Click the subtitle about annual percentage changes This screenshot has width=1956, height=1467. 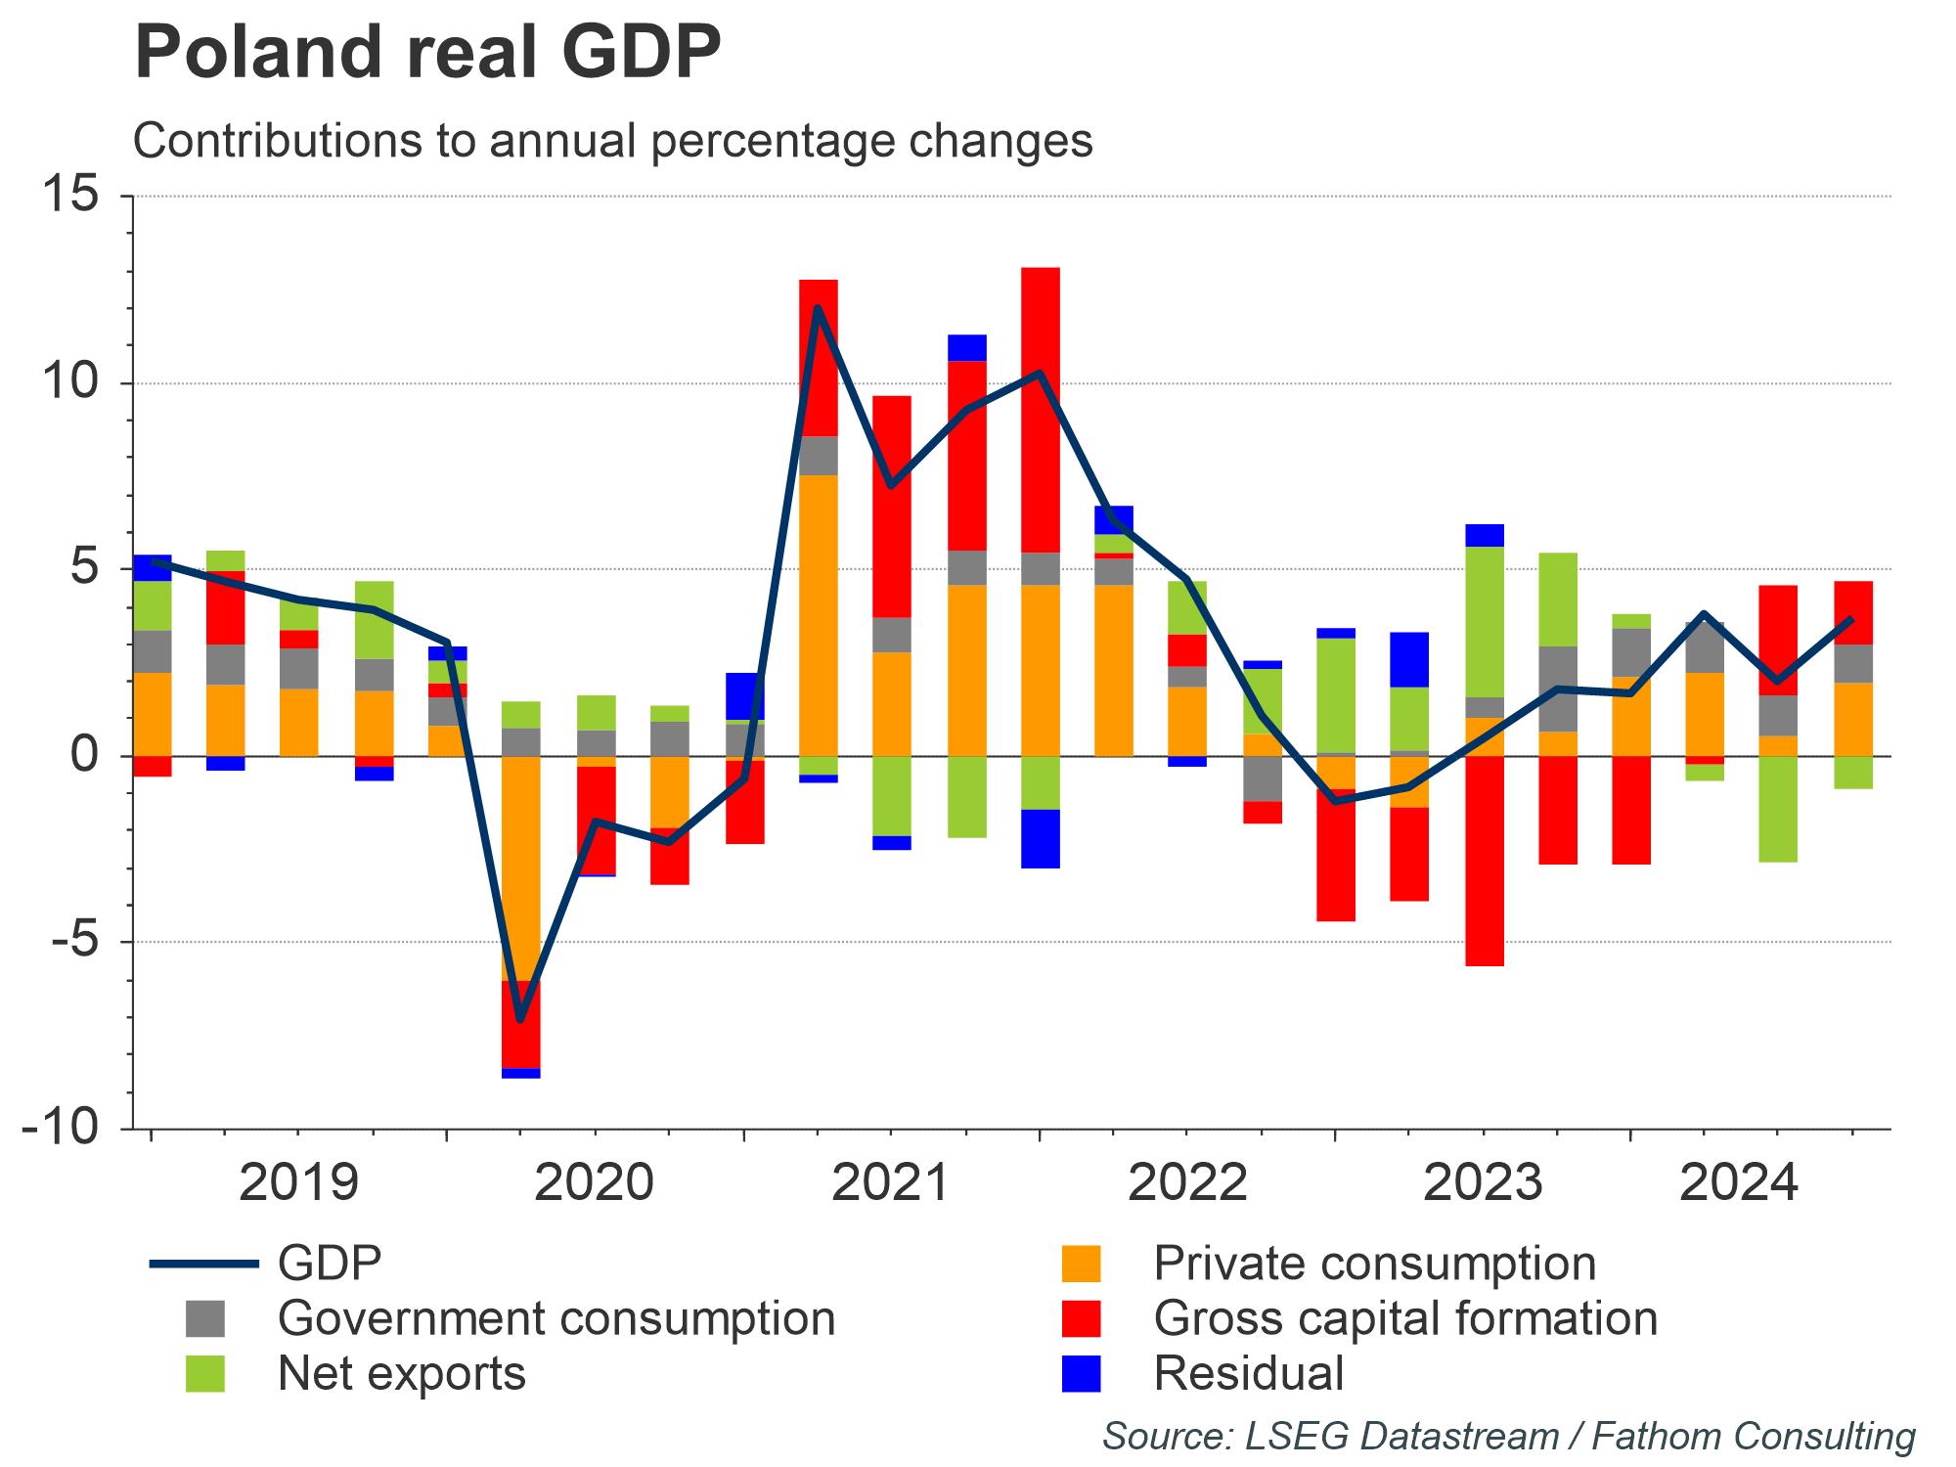(x=612, y=141)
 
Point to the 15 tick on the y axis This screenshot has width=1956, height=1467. (x=70, y=196)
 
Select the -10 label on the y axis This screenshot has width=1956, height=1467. (x=61, y=1128)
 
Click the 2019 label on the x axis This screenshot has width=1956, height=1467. (x=298, y=1182)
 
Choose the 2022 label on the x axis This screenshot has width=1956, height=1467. (x=1187, y=1182)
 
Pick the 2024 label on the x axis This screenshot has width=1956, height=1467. (x=1738, y=1182)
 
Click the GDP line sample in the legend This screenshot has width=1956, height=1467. (x=203, y=1264)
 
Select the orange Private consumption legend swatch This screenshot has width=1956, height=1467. (x=1081, y=1264)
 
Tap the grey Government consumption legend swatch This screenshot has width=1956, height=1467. (x=204, y=1318)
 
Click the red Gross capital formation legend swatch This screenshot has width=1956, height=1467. (x=1081, y=1318)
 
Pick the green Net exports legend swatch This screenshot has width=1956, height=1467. (x=204, y=1373)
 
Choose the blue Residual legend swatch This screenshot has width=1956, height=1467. (x=1081, y=1373)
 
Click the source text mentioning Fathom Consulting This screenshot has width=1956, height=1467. (x=1508, y=1436)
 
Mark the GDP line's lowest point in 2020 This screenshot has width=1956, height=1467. (x=520, y=1020)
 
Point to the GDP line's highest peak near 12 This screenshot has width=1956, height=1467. (x=818, y=309)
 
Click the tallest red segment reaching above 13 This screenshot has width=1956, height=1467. (x=1040, y=410)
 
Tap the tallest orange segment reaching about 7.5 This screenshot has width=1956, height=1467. (x=818, y=615)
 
